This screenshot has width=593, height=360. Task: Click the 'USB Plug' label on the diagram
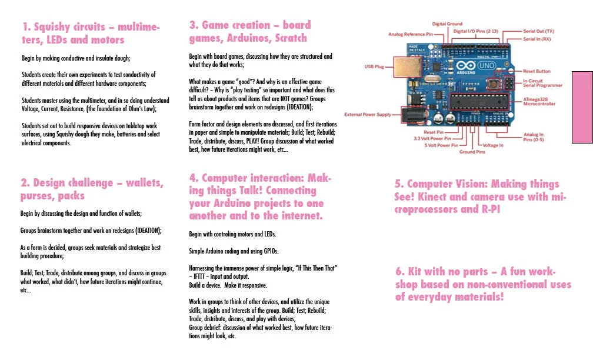point(374,66)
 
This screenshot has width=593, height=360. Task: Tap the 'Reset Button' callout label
point(537,71)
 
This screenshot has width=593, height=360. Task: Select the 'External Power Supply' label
point(368,114)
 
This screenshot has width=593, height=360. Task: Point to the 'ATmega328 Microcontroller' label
point(539,101)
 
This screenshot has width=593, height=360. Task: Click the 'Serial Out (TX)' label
point(538,31)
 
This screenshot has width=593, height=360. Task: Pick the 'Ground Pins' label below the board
point(472,152)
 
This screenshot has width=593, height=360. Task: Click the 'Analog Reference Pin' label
point(411,34)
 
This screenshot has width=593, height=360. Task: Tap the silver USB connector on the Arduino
point(407,67)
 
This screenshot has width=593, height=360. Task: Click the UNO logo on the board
point(487,65)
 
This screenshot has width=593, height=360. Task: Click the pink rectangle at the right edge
point(582,107)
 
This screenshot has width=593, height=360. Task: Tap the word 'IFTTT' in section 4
point(199,276)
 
